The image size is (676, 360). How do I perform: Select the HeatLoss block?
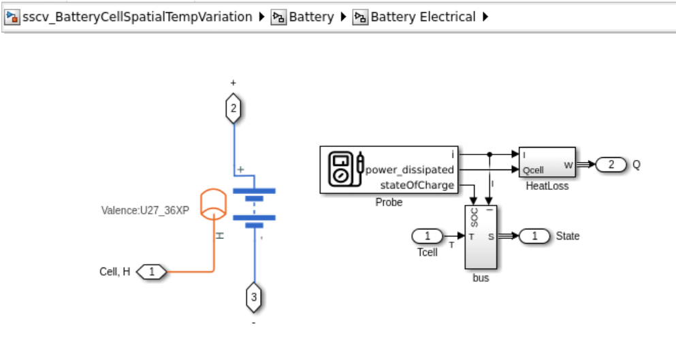547,163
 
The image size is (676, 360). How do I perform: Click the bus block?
481,237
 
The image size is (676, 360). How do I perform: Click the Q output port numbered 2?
611,164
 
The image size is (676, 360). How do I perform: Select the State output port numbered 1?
534,236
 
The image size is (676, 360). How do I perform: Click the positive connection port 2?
234,109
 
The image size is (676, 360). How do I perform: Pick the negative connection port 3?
253,297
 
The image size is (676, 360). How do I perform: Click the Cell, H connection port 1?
152,272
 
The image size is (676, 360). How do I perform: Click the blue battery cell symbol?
254,204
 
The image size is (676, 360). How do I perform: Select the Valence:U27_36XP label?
145,210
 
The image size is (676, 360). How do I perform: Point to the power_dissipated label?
410,169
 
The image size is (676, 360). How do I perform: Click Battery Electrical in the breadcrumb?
422,17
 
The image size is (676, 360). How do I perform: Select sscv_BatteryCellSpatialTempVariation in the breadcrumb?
137,17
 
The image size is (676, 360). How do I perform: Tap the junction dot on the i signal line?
489,154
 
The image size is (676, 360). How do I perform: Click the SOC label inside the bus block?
474,217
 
